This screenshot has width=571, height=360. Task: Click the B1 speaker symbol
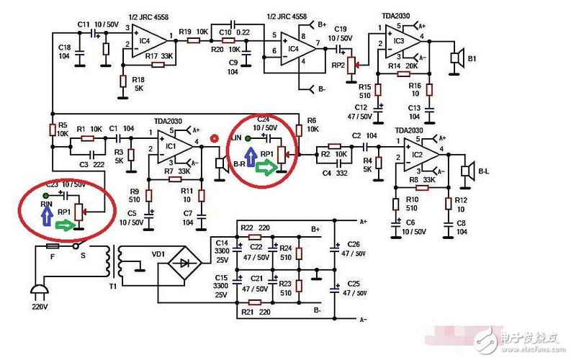(454, 58)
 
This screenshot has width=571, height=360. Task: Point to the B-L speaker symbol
(467, 170)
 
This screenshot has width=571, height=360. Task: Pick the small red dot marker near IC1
(213, 138)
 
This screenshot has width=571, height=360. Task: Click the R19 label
(185, 32)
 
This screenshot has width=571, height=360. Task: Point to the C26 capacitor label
(354, 244)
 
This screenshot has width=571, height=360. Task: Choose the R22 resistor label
(246, 228)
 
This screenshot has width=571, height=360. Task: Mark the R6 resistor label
(311, 120)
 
